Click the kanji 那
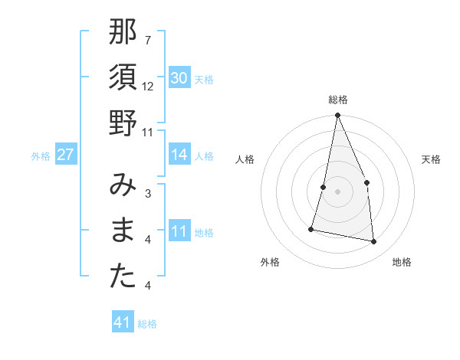click(123, 33)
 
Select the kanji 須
click(123, 78)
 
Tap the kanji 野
click(123, 123)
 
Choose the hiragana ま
click(123, 231)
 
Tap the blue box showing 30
click(179, 78)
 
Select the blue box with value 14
click(179, 155)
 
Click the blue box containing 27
click(65, 155)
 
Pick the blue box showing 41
click(123, 322)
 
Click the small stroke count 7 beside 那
click(148, 40)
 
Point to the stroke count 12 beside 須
click(149, 86)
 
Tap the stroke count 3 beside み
click(148, 194)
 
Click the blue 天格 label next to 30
click(204, 80)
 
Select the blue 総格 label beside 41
click(147, 324)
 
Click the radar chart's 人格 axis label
click(245, 159)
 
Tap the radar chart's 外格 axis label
click(270, 262)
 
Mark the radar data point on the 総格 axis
click(337, 116)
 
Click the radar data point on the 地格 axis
click(374, 242)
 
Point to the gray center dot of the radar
click(337, 191)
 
